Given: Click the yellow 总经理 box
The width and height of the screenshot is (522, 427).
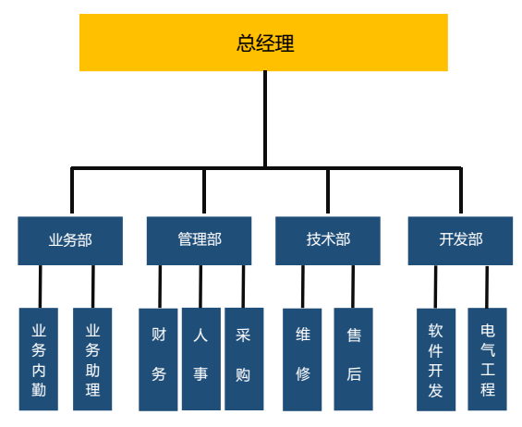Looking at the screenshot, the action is click(263, 43).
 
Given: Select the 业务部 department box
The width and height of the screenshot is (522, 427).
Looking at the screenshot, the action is click(70, 240).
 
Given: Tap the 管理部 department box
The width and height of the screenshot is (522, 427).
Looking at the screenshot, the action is click(199, 240).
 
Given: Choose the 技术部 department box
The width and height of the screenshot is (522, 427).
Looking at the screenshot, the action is click(328, 240).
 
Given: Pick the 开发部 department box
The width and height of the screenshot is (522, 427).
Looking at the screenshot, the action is click(460, 240).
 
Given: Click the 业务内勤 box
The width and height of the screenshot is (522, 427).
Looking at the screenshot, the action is click(39, 359).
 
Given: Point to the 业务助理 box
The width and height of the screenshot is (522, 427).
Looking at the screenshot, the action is click(92, 359).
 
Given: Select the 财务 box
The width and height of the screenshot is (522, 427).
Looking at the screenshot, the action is click(158, 360).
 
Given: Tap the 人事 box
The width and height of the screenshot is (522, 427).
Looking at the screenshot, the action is click(201, 359).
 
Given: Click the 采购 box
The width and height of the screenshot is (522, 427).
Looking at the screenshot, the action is click(244, 359).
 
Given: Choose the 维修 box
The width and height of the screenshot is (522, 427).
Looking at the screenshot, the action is click(302, 360).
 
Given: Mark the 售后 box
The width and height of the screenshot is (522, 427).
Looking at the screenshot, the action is click(354, 359).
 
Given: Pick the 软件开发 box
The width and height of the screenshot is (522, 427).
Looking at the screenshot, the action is click(436, 360).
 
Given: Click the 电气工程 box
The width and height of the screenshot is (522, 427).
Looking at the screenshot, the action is click(488, 359).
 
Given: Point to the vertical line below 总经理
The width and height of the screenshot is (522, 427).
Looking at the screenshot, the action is click(265, 119).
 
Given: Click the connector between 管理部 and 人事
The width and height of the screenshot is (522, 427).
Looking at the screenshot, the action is click(200, 287).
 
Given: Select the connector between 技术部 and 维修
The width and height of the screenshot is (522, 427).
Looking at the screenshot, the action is click(303, 287).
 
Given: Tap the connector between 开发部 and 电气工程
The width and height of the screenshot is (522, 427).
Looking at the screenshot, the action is click(487, 287).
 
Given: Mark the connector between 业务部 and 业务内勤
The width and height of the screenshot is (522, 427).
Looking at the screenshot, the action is click(41, 287).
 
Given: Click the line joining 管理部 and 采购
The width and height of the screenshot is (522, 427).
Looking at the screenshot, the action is click(243, 287).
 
